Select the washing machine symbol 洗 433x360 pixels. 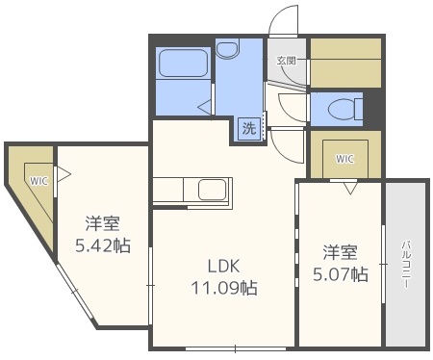(248, 128)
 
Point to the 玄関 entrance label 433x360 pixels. (286, 60)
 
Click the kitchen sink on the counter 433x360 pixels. (213, 189)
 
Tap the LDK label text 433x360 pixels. (219, 266)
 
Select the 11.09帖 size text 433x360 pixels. (221, 286)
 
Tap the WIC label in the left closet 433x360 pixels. (38, 180)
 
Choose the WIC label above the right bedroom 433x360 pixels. (344, 159)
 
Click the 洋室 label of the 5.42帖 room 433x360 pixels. (102, 224)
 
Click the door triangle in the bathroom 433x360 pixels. (208, 102)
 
